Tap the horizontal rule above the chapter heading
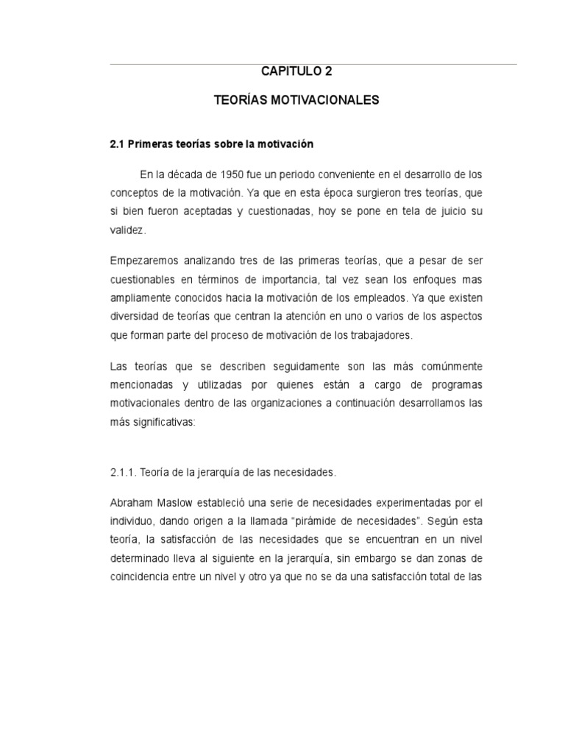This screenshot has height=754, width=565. point(313,64)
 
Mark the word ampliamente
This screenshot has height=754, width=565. point(142,298)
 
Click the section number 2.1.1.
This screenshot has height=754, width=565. point(122,472)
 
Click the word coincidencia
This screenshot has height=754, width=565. point(142,578)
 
